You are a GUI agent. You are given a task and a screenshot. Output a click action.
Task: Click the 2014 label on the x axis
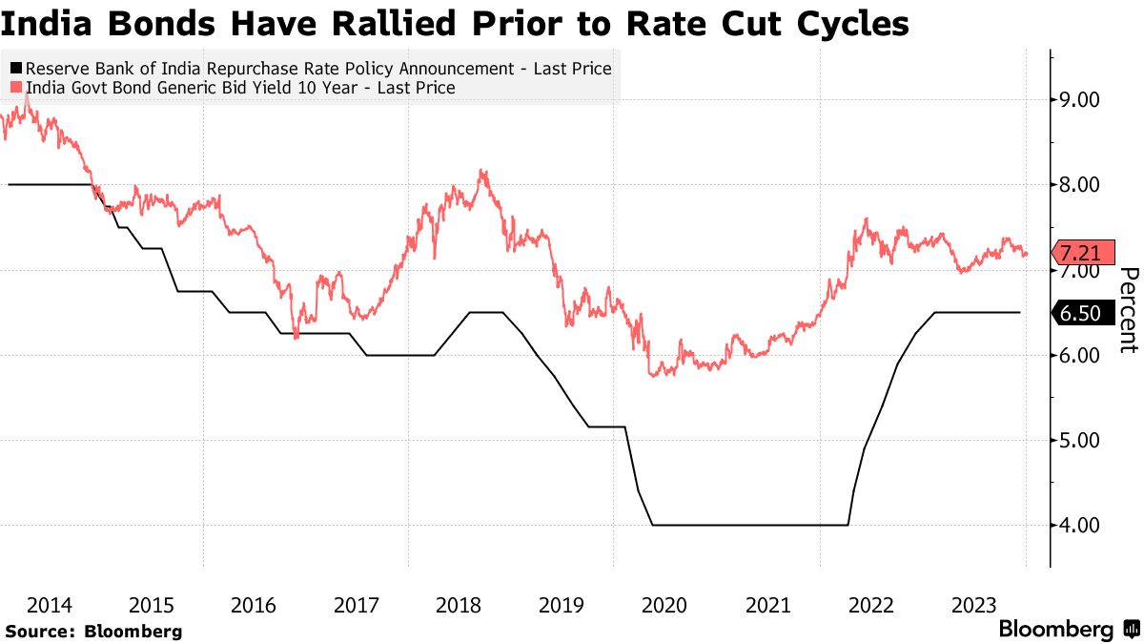[49, 605]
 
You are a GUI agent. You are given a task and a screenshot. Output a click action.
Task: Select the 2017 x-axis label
[357, 605]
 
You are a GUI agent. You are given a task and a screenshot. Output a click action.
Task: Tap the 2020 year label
[665, 605]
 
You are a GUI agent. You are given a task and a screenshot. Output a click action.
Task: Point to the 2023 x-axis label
[974, 605]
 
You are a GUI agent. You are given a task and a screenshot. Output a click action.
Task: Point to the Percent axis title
[1128, 310]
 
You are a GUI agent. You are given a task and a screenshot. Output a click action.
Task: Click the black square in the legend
[16, 69]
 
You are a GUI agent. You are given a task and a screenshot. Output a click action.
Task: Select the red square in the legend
[16, 88]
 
